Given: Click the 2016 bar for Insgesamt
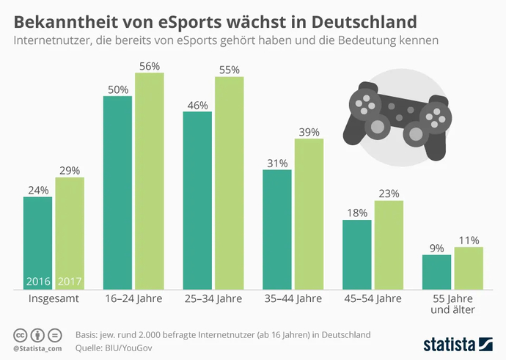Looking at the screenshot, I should [x=37, y=242].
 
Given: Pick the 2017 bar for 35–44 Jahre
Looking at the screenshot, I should [x=309, y=213].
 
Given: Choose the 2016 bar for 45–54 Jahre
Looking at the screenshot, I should [x=357, y=254].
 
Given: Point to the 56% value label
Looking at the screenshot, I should [x=150, y=66].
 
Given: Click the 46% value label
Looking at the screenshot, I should [x=197, y=105].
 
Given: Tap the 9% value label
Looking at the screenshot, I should [x=436, y=248].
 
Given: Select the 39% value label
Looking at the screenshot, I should [x=309, y=131].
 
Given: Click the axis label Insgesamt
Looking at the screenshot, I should [x=54, y=300].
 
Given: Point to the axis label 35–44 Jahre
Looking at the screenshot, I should [x=293, y=300].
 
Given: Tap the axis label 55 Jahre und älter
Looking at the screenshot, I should [x=452, y=305].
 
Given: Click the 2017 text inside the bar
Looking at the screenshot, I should [x=70, y=281].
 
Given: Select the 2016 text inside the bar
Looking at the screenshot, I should [x=37, y=281].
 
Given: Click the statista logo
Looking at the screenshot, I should [x=459, y=343].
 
